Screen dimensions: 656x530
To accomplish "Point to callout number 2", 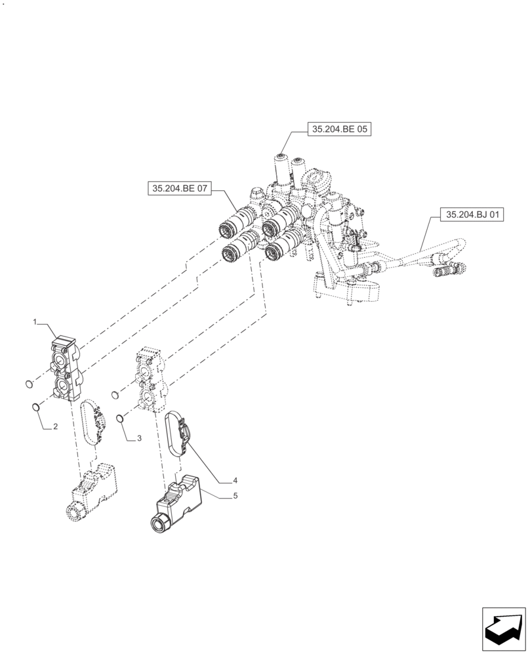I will click(x=56, y=426).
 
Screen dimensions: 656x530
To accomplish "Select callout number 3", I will click(x=139, y=438).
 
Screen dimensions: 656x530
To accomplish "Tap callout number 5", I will click(x=234, y=497).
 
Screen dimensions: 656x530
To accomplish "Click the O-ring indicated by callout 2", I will click(x=37, y=408).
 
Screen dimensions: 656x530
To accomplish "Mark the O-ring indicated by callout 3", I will click(x=120, y=419).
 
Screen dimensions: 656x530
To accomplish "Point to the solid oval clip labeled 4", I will click(x=178, y=434).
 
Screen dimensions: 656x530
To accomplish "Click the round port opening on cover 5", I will click(x=159, y=523).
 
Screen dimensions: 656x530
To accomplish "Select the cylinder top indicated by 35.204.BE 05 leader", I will click(x=283, y=157).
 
